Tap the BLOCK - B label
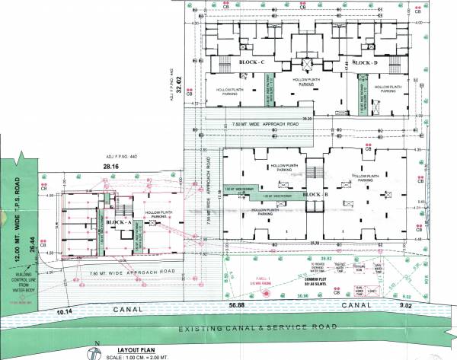[315, 195]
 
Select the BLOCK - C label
[251, 61]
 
